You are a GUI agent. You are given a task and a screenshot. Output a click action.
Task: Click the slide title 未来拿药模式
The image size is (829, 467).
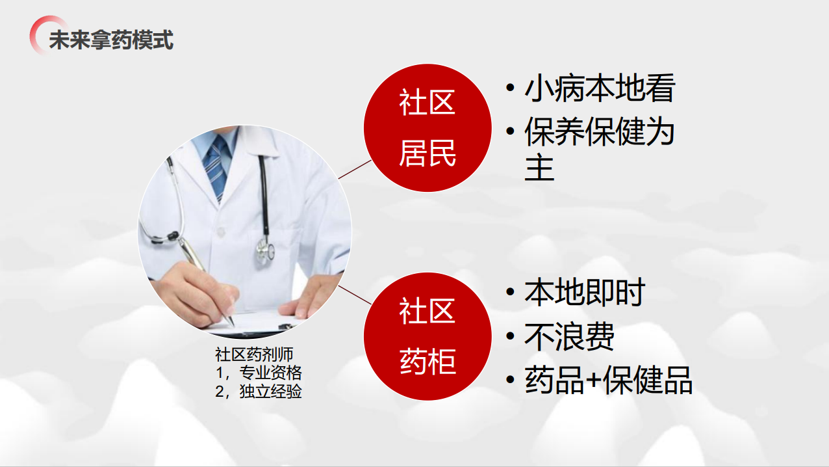coord(111,40)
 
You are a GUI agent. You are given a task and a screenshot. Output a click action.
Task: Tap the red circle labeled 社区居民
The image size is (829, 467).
coord(427,128)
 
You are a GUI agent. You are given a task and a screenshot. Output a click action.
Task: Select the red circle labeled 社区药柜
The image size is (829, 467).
coord(427,336)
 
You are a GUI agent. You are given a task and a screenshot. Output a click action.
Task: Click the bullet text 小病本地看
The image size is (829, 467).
coord(600,88)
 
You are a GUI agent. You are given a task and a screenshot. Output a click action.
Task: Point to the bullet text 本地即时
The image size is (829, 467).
coord(585,293)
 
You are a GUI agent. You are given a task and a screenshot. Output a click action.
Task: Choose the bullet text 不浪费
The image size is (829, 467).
coord(569,336)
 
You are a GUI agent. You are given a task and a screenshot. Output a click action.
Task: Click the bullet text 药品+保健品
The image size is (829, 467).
coord(608,380)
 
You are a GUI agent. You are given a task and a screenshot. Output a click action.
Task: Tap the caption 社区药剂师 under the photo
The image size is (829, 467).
coord(254,354)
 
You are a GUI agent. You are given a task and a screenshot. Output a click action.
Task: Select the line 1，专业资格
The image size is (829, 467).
coord(259,373)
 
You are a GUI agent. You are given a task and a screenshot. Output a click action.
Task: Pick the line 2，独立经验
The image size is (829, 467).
coord(259,391)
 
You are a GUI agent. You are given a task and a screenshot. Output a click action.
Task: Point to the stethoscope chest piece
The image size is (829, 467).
coord(265,251)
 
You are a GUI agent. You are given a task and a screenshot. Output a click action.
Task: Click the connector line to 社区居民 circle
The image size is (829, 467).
coord(355,169)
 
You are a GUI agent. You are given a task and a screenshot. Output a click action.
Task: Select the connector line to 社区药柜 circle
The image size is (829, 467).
coord(355,295)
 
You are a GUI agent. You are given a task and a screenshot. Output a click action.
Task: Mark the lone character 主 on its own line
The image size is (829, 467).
coord(539,168)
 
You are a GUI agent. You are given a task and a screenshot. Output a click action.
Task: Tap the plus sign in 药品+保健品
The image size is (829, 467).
coord(594,380)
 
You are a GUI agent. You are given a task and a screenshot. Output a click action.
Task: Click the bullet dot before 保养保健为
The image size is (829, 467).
coord(510,131)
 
